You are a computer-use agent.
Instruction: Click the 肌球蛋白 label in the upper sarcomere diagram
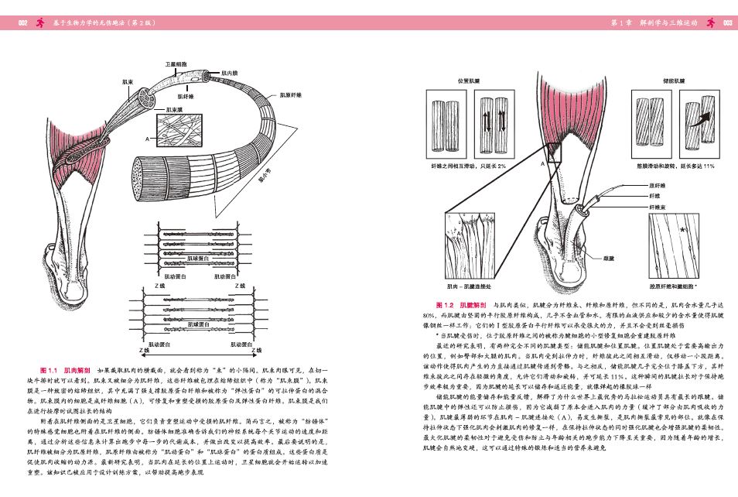(x=198, y=258)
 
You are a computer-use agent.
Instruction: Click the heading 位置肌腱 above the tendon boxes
(x=469, y=81)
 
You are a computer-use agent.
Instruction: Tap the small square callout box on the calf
(x=552, y=147)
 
